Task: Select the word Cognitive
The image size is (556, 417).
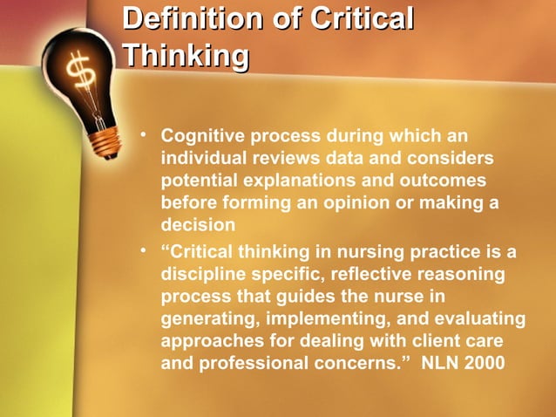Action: coord(203,137)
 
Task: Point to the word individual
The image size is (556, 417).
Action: coord(203,159)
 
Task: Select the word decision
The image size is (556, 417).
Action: coord(193,225)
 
